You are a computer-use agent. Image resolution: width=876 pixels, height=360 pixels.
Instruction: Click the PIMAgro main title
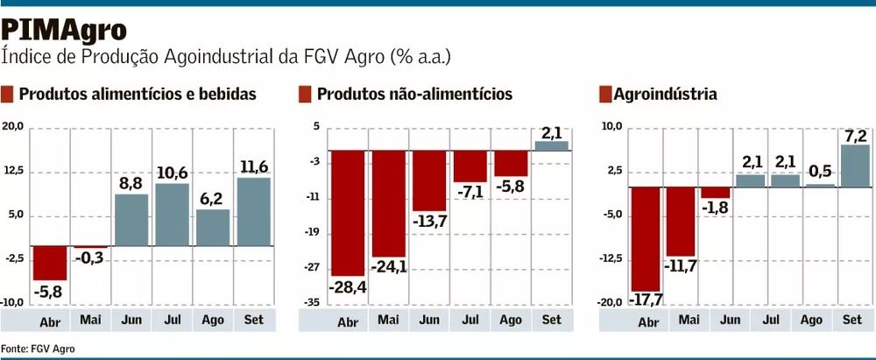coord(64,28)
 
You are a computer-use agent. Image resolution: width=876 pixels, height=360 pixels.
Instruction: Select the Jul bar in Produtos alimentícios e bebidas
coord(173,214)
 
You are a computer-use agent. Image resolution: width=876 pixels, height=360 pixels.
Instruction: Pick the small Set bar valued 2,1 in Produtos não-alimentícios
coord(551,145)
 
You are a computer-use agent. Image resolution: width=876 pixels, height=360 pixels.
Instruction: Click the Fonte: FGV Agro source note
coord(38,349)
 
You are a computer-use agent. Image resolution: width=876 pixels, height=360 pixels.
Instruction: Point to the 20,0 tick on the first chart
coord(13,127)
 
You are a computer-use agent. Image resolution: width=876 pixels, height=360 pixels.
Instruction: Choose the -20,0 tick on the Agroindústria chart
coord(611,302)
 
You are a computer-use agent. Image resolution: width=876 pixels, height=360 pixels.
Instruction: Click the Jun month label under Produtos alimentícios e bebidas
coord(131,320)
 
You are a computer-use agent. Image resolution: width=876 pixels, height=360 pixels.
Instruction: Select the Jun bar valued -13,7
coord(429,180)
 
